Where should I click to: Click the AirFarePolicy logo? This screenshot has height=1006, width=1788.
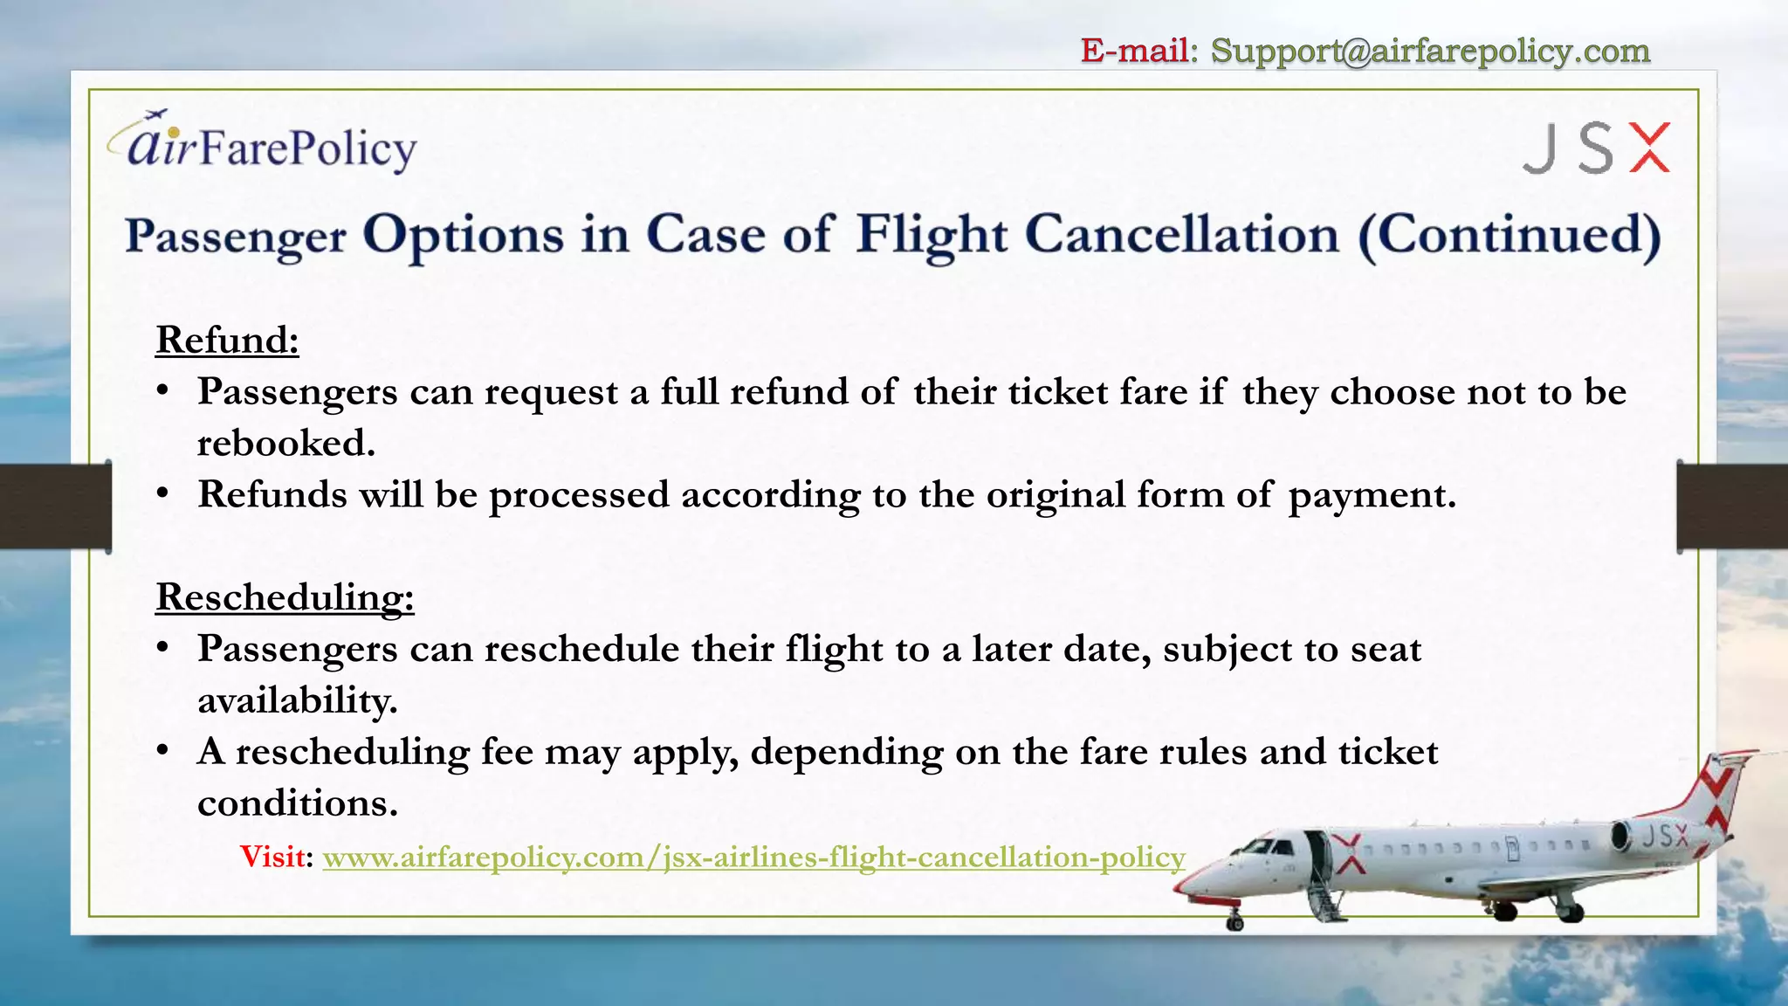[x=262, y=142]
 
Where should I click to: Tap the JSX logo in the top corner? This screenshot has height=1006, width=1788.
[x=1597, y=148]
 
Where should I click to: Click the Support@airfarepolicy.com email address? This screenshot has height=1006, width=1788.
[x=1430, y=51]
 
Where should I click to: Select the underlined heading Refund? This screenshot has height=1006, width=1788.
[x=227, y=339]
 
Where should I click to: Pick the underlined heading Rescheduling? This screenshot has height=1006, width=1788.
[x=285, y=597]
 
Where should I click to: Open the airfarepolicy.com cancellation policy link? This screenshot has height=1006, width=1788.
[x=753, y=858]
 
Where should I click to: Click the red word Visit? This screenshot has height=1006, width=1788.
[x=273, y=857]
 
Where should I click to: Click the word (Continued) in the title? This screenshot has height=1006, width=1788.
[x=1509, y=236]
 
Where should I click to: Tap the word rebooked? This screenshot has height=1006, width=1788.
[x=285, y=443]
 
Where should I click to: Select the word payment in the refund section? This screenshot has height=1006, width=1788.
[x=1372, y=496]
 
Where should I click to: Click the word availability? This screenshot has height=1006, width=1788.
[x=297, y=700]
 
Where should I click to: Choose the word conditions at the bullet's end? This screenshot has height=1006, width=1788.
[x=297, y=803]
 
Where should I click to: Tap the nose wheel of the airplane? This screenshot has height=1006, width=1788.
[x=1234, y=922]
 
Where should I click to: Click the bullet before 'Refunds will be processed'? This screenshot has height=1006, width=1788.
[x=162, y=494]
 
